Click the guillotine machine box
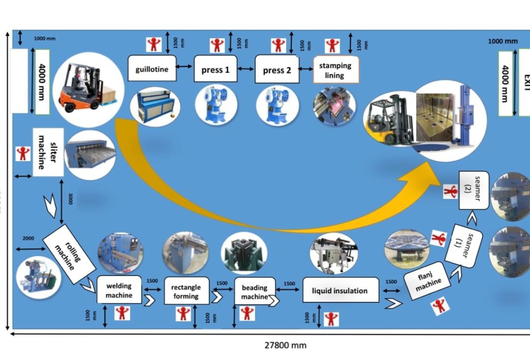[x=152, y=68]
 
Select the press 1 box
[x=215, y=69]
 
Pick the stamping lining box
[x=335, y=70]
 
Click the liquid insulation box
[x=340, y=291]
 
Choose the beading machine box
[x=255, y=292]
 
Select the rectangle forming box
[x=186, y=291]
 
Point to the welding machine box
[x=119, y=291]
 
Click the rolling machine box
[x=69, y=254]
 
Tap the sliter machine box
[x=48, y=151]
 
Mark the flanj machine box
[x=428, y=281]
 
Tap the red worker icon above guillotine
[x=153, y=45]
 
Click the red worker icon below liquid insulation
[x=331, y=319]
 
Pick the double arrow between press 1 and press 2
[x=246, y=69]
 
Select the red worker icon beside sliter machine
[x=23, y=153]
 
